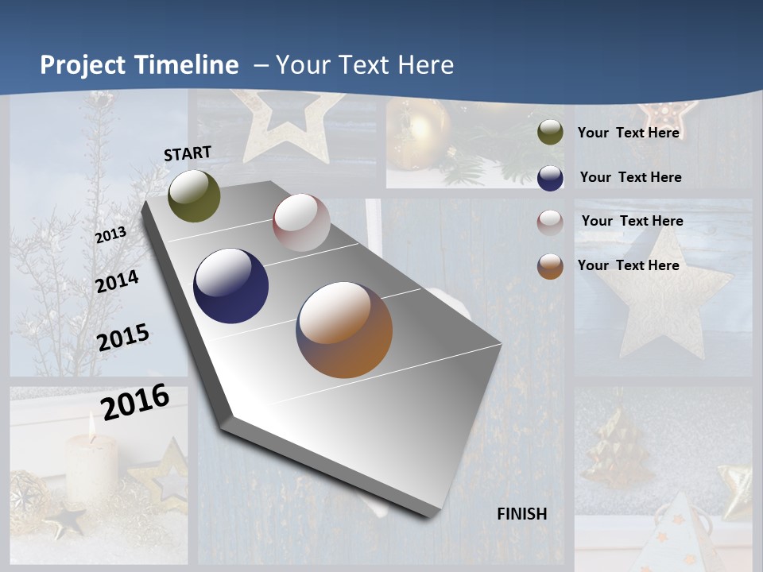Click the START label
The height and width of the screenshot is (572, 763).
[x=188, y=153]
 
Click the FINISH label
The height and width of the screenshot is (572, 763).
[x=522, y=513]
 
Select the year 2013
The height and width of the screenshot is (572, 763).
[x=110, y=235]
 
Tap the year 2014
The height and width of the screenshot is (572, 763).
[x=117, y=281]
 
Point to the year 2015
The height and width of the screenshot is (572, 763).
[x=122, y=338]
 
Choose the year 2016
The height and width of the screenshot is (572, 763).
[x=135, y=401]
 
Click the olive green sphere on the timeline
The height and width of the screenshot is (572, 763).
[x=194, y=196]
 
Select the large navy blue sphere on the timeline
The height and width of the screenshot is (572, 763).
[x=230, y=286]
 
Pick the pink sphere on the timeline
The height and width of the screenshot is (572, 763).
[x=301, y=222]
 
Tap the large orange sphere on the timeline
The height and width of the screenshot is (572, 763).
[x=344, y=330]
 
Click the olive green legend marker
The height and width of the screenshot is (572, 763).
[x=550, y=133]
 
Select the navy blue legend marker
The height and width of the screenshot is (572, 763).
[x=550, y=178]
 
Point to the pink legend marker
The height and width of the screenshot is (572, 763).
[x=550, y=222]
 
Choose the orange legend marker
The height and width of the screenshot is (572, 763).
[x=550, y=266]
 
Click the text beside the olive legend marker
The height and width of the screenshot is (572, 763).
[x=628, y=133]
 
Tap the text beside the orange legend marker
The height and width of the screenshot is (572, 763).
[x=628, y=265]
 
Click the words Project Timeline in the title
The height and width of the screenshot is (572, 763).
[x=139, y=65]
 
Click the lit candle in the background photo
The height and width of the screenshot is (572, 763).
[x=91, y=465]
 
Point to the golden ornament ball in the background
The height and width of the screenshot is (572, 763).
[x=419, y=137]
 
